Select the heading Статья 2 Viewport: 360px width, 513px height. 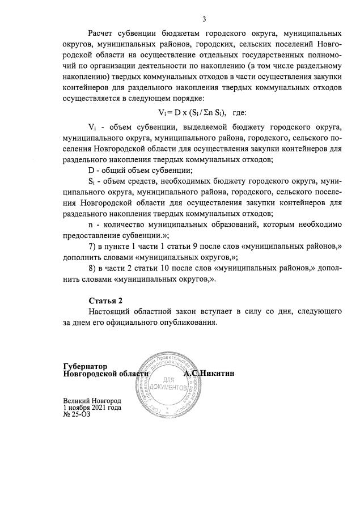pyautogui.click(x=105, y=300)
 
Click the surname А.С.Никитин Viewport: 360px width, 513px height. pyautogui.click(x=209, y=374)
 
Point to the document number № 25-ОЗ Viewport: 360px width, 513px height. pyautogui.click(x=77, y=414)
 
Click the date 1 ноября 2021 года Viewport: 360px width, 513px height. pyautogui.click(x=92, y=408)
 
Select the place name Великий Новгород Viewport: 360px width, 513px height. pyautogui.click(x=92, y=401)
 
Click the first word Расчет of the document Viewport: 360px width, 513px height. pyautogui.click(x=103, y=35)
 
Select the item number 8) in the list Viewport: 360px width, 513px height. pyautogui.click(x=93, y=269)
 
